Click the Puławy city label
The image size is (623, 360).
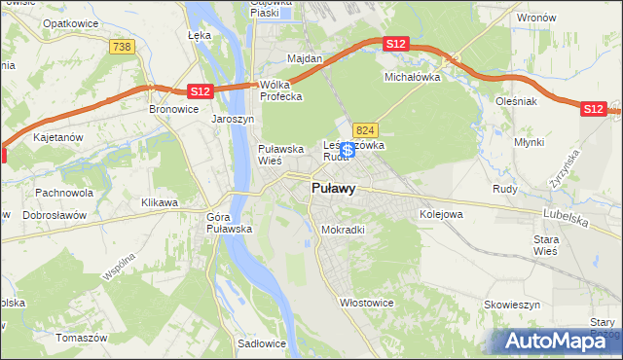(x=332, y=189)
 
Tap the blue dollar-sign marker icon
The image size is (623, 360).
(x=348, y=150)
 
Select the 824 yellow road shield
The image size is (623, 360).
(x=365, y=129)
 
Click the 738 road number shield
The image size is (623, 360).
(x=122, y=47)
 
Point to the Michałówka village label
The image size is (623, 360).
(x=413, y=75)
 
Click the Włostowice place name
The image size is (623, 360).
(x=366, y=303)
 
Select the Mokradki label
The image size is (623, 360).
(x=343, y=231)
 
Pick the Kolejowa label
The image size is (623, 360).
(x=440, y=214)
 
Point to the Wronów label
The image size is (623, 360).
(x=536, y=18)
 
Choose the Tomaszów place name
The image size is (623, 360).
(x=82, y=338)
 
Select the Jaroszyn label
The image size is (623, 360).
(x=233, y=119)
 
